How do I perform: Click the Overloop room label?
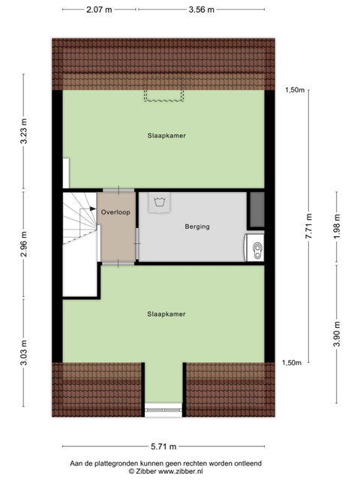click(115, 212)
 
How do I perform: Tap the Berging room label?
click(197, 226)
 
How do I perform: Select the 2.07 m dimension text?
click(99, 10)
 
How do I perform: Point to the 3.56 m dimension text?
click(202, 10)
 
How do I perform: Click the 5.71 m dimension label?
click(163, 447)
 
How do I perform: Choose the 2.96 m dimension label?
click(24, 244)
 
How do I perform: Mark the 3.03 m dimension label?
click(24, 352)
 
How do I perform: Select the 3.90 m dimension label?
click(337, 334)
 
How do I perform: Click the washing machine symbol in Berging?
click(159, 202)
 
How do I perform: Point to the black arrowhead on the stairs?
click(93, 208)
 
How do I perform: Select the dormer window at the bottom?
click(163, 410)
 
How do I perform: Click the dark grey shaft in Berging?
click(257, 209)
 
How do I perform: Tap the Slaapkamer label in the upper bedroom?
click(166, 136)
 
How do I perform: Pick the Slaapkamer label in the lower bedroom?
click(166, 314)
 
